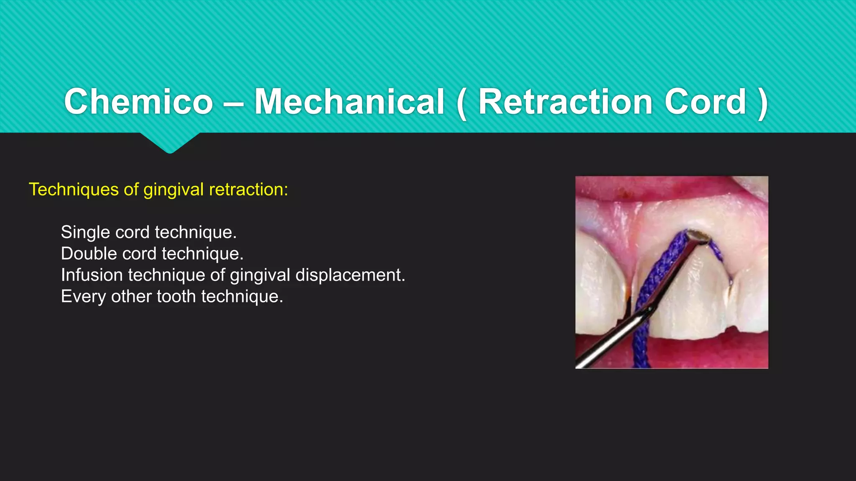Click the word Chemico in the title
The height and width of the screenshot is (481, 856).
[x=138, y=102]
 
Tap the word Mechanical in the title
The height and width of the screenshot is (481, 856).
[x=349, y=102]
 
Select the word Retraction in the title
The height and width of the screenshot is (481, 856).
[x=565, y=102]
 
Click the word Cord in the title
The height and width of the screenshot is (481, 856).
[x=705, y=102]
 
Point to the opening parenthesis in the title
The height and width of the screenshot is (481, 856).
[x=461, y=104]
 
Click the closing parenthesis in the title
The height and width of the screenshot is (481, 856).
[x=762, y=104]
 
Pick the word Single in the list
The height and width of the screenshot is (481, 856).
[x=85, y=233]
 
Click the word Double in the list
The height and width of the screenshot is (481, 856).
[x=88, y=253]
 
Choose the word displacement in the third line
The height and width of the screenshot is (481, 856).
[x=350, y=275]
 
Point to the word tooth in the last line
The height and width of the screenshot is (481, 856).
[x=176, y=296]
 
